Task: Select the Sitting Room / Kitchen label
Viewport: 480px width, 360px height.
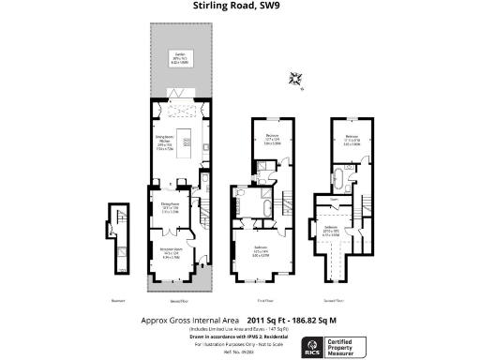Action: click(166, 145)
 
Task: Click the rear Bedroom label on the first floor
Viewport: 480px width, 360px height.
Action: click(271, 141)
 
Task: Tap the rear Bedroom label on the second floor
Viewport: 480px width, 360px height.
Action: click(352, 141)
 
